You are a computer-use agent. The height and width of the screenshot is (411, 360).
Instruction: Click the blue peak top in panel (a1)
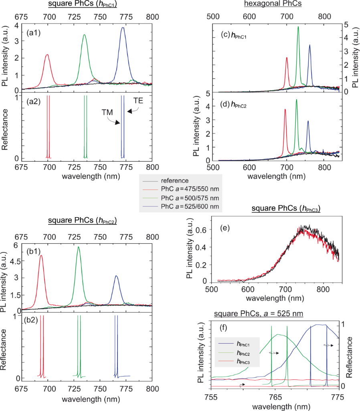[x=123, y=28]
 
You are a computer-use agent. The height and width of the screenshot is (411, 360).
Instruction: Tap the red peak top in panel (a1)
[x=47, y=55]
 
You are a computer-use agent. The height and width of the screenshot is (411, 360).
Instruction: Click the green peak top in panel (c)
[x=298, y=27]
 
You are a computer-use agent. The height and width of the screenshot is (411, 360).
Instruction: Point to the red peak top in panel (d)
[x=285, y=109]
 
